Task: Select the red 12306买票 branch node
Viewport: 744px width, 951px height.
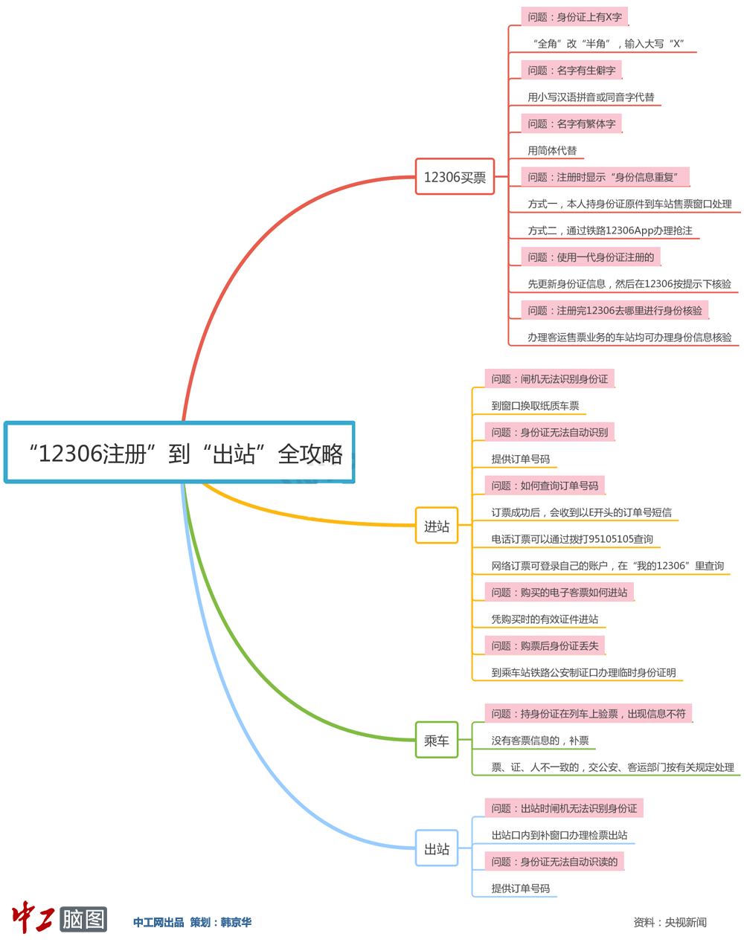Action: click(455, 177)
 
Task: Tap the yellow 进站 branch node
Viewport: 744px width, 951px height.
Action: click(437, 526)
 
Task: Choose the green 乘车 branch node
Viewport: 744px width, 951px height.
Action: click(437, 741)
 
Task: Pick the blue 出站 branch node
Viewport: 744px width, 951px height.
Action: click(437, 849)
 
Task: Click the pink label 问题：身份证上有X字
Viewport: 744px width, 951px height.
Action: click(574, 17)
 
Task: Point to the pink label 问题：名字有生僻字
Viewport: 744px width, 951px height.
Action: click(571, 71)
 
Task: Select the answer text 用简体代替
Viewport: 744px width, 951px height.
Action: click(552, 150)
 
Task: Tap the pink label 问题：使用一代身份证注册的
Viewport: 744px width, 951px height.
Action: click(591, 257)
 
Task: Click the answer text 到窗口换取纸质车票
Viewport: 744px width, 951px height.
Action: click(535, 406)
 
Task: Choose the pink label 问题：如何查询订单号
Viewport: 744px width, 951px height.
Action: click(545, 486)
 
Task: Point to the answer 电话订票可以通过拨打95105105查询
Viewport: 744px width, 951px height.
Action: click(572, 539)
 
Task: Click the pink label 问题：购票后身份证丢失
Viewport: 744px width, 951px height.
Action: click(545, 646)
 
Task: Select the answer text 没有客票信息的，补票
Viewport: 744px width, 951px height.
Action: click(540, 741)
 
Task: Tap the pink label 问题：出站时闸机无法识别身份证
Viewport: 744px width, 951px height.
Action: click(564, 808)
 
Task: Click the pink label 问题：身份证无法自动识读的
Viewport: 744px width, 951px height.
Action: click(554, 862)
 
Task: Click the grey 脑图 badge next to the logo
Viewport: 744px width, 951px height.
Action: click(83, 919)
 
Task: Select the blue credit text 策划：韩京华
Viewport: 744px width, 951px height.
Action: click(221, 922)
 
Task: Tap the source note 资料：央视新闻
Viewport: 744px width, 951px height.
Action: click(670, 922)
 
